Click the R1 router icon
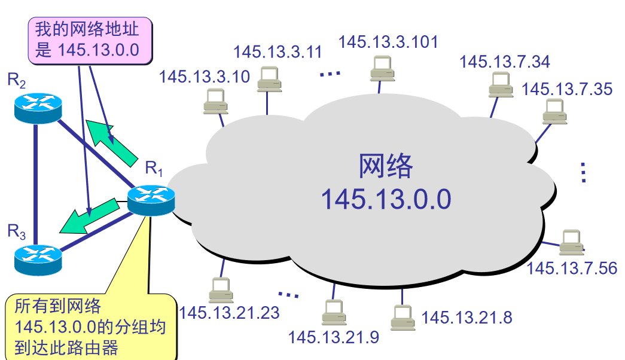(151, 199)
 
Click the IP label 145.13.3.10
(205, 77)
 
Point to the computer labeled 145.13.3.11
(269, 78)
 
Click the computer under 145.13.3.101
(380, 68)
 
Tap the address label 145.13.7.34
(505, 62)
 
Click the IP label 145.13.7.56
(571, 267)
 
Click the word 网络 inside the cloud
(386, 166)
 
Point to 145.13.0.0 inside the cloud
(386, 199)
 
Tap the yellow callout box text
(90, 328)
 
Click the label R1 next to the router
(154, 169)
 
